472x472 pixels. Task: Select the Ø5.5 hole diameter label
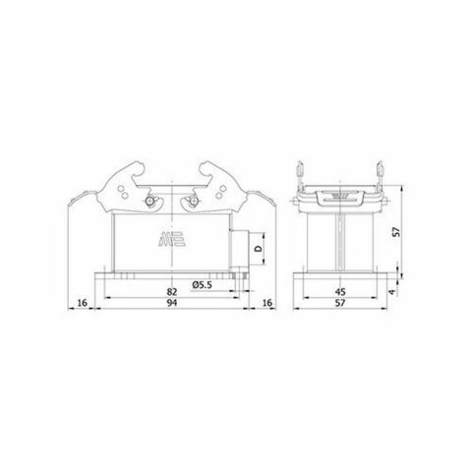(205, 284)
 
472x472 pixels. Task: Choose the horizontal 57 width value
(337, 305)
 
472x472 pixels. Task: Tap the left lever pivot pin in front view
(147, 204)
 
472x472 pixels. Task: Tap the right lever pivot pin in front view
(191, 204)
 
